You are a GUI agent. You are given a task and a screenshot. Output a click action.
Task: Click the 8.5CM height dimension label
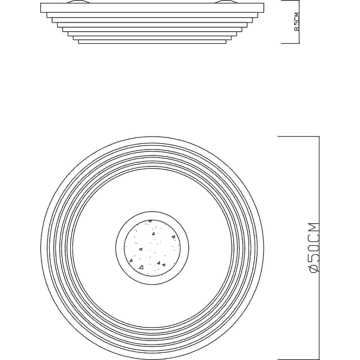(x=297, y=22)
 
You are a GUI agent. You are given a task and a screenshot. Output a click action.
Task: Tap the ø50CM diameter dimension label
(x=314, y=248)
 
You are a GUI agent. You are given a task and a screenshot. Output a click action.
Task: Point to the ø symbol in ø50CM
(x=314, y=269)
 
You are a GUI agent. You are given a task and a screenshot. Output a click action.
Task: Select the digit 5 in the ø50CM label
(x=314, y=258)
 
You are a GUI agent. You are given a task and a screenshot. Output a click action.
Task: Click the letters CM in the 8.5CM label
(x=297, y=17)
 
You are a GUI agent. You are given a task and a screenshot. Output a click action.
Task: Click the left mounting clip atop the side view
(x=78, y=1)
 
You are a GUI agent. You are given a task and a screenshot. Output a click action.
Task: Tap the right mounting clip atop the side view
(x=226, y=1)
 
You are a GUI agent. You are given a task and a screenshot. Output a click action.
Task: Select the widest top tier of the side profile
(x=152, y=8)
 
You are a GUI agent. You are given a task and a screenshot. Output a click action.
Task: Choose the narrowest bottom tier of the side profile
(x=152, y=42)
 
